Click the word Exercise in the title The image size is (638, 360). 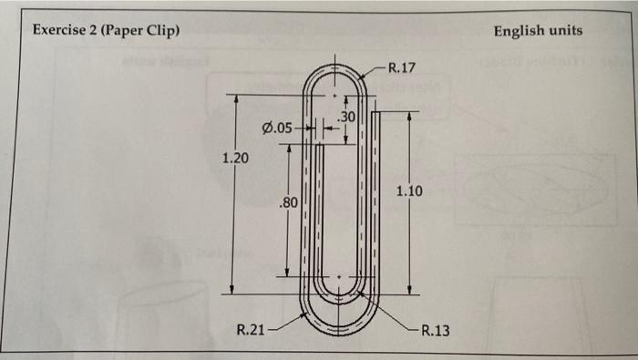(x=59, y=31)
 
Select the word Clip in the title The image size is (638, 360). (x=161, y=31)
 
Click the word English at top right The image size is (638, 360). (x=520, y=31)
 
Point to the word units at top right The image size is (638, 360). (x=565, y=31)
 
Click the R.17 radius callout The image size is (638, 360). (x=402, y=67)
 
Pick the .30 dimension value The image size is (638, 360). (x=346, y=117)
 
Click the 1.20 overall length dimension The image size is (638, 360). (x=235, y=159)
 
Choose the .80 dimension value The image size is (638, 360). (x=288, y=202)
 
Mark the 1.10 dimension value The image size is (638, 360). (x=409, y=190)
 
